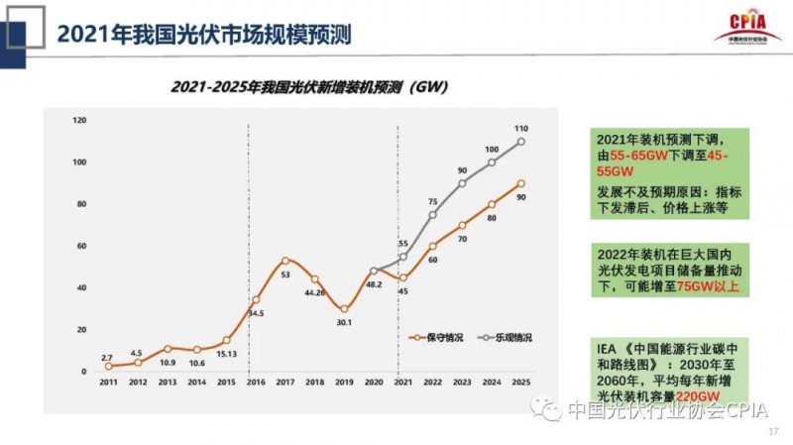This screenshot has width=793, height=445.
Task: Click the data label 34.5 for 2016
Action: click(255, 312)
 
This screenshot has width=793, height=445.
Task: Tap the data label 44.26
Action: click(314, 292)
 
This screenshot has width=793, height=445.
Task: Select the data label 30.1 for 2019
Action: click(344, 321)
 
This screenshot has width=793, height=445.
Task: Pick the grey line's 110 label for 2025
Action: click(521, 129)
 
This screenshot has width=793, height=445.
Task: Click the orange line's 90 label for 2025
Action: click(521, 197)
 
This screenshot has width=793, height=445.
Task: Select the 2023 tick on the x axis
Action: click(461, 381)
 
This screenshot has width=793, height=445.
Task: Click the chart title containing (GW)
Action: click(308, 86)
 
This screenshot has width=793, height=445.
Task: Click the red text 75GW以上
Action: click(713, 287)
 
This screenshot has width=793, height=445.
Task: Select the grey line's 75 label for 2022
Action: click(432, 201)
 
